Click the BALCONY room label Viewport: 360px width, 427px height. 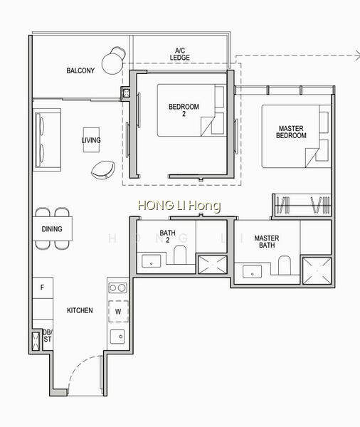80,70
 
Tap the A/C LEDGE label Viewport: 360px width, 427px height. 180,54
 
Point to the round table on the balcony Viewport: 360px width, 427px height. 112,63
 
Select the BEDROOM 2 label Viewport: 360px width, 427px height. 184,110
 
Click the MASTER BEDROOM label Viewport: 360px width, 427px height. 291,132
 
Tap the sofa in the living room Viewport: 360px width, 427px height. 47,140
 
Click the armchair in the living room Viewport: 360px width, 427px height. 103,170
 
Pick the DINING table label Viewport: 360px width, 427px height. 52,228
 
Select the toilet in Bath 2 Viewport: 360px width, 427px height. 180,255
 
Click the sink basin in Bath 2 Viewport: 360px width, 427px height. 152,261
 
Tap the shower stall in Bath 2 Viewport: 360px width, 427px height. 212,265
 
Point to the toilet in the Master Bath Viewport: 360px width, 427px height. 285,265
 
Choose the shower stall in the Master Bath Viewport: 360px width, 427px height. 317,270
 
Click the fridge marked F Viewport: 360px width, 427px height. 43,288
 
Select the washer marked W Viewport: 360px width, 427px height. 118,311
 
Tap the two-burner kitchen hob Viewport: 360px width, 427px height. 117,288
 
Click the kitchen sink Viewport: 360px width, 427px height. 117,337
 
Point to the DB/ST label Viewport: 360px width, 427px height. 48,336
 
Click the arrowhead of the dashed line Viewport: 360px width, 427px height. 358,56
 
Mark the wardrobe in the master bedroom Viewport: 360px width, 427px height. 302,205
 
